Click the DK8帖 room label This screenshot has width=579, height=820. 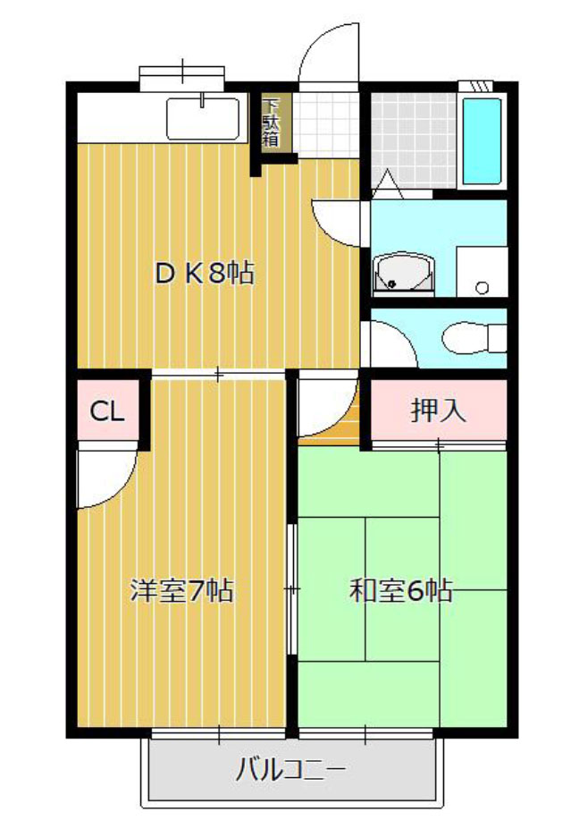205,273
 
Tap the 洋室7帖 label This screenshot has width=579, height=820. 181,590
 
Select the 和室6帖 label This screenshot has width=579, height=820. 401,590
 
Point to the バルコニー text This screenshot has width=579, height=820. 290,770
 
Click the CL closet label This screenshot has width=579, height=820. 107,411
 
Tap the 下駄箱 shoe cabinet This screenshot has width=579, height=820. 271,123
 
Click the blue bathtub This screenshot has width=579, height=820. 482,141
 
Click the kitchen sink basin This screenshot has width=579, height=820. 203,119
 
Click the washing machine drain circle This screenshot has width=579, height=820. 482,287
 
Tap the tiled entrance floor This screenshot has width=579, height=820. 325,125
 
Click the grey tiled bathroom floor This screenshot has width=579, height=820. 414,140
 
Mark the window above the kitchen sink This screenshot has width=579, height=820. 182,75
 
